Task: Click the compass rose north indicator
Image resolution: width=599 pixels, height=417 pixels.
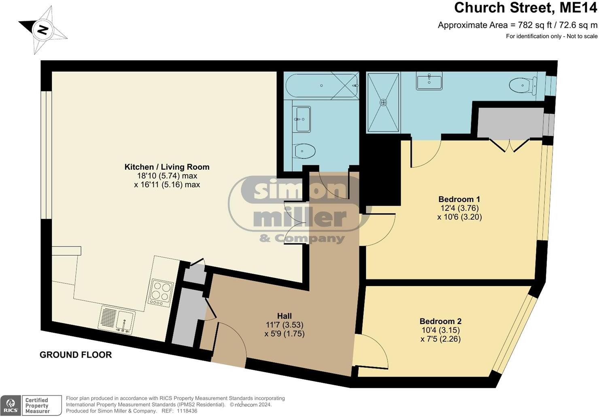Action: coord(42,30)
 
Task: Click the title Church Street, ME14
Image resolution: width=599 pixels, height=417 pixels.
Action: coord(525,8)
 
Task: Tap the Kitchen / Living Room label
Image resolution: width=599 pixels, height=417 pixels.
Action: coord(167,167)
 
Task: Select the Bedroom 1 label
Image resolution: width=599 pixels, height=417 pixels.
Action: coord(459,199)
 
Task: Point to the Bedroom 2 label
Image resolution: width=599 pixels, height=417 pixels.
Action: coord(440,321)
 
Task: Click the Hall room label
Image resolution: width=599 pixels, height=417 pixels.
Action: coord(284,316)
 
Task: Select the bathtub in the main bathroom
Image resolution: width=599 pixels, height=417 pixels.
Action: coord(322,86)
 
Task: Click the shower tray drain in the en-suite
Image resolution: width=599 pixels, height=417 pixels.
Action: coord(383,103)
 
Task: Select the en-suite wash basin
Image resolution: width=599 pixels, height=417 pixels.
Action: coord(429,81)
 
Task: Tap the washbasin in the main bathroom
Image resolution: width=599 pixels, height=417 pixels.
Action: coord(303,119)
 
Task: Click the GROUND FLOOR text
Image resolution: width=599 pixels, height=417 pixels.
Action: coord(76,355)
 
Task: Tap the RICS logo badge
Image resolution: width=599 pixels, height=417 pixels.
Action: coord(11,405)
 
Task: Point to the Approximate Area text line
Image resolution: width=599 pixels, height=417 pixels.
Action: coord(517,25)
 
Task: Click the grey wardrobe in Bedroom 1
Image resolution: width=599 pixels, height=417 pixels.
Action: coord(510,122)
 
